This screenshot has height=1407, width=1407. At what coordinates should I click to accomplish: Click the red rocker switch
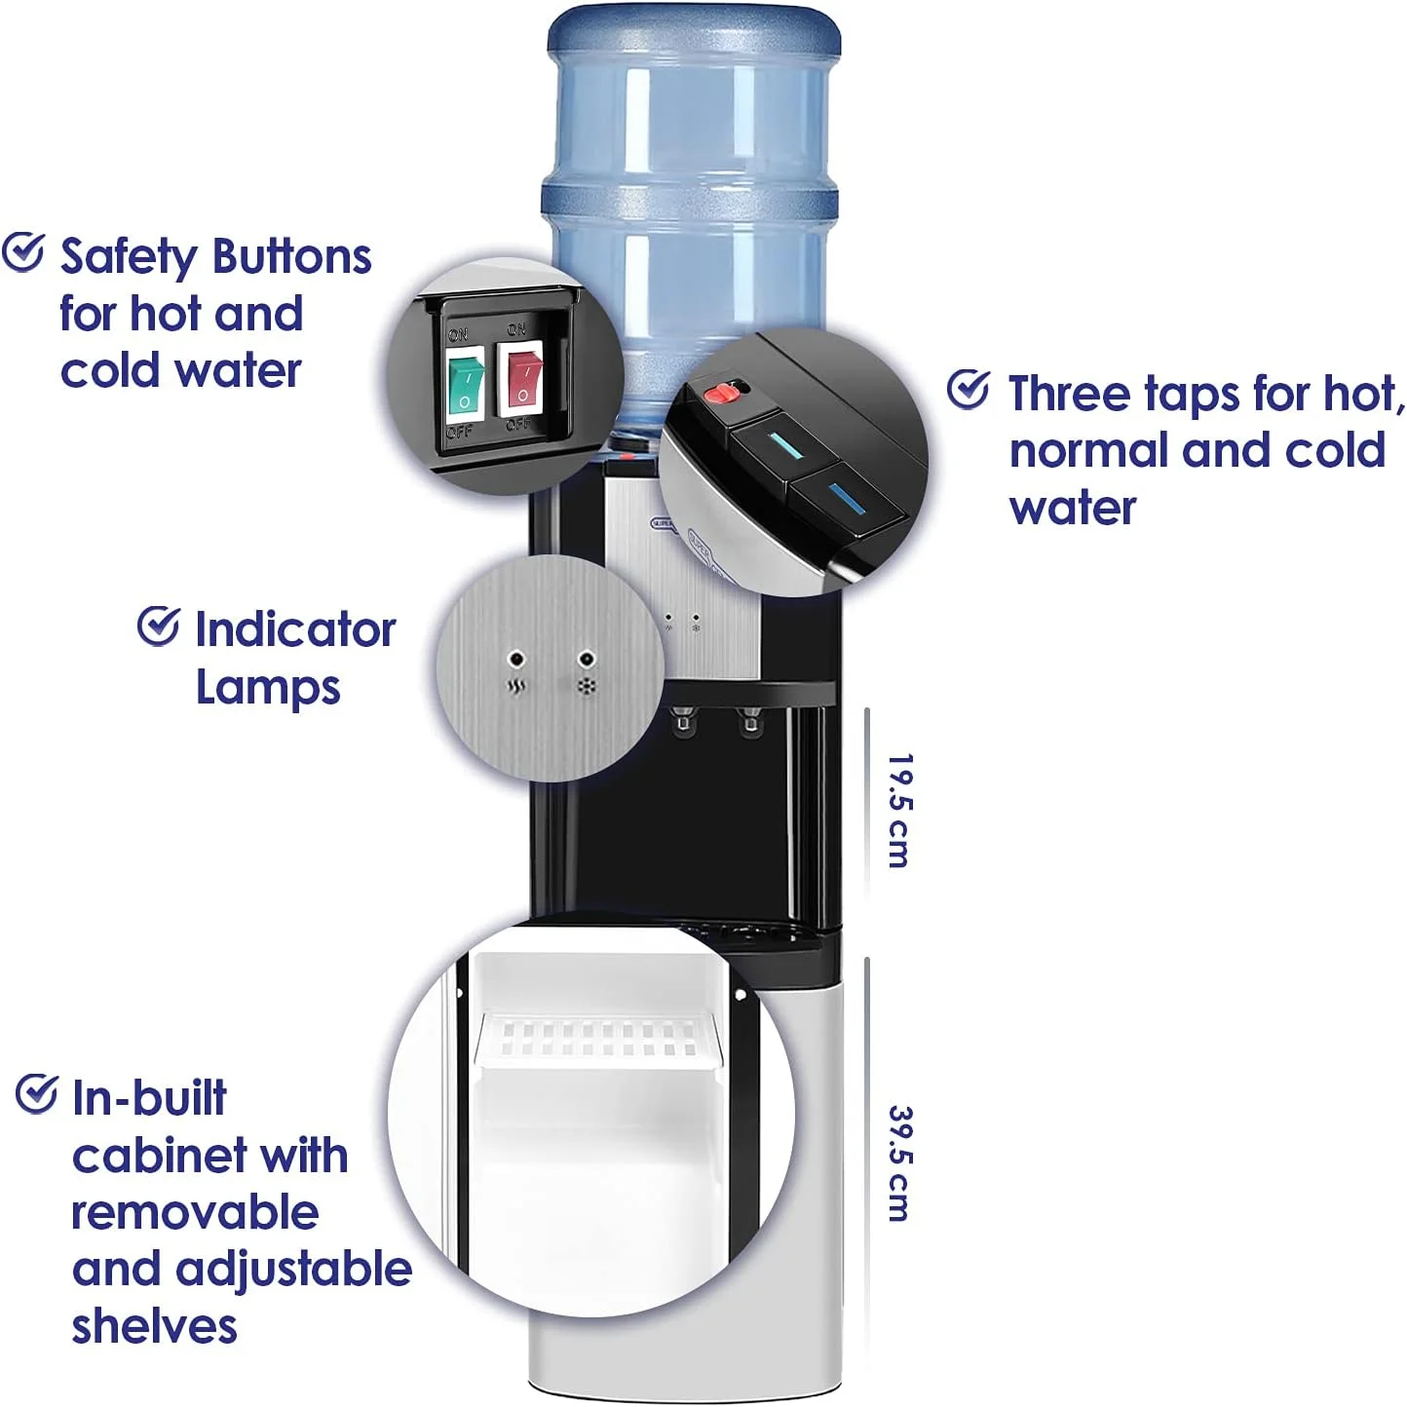521,379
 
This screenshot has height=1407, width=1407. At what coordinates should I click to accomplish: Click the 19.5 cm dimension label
898,811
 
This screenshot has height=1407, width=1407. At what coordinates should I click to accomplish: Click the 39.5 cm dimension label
899,1163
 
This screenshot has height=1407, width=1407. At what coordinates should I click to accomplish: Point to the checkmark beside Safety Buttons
23,252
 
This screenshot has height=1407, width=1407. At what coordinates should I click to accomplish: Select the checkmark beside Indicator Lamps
159,626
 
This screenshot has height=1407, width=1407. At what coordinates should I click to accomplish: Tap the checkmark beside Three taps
969,389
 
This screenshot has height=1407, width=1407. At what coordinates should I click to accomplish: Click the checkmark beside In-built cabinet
36,1094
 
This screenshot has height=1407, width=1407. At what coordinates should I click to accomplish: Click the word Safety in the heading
129,257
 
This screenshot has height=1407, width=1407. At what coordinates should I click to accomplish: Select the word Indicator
295,629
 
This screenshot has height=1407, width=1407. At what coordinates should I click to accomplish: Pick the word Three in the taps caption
1070,394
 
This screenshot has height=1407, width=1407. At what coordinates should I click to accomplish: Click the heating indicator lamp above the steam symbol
517,659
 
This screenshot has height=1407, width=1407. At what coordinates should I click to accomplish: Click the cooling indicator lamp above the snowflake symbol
587,659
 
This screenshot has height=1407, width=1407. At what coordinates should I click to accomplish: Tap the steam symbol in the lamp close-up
517,687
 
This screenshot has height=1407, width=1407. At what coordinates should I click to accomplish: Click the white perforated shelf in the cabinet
597,1040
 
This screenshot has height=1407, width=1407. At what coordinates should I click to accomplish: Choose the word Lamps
268,689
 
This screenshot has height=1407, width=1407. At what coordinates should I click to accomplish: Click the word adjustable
293,1272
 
